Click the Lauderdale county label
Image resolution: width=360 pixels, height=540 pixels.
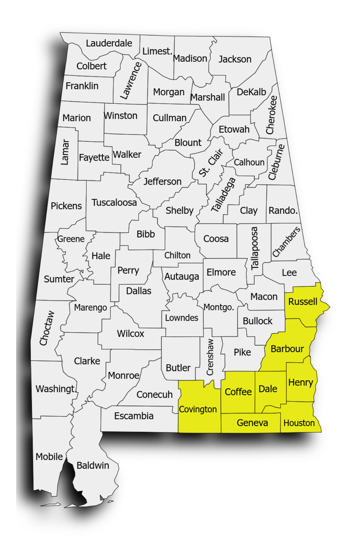(x=109, y=43)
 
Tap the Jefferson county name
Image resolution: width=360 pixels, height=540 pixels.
(x=162, y=181)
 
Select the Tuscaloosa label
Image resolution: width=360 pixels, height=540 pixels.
(x=114, y=202)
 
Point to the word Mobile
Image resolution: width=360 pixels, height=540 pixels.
(x=49, y=457)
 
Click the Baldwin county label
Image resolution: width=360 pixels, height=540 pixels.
(x=93, y=465)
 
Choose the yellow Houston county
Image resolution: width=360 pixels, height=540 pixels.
(x=299, y=423)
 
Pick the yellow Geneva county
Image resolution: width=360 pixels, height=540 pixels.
(x=252, y=423)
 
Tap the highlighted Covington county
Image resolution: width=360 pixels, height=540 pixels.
(x=198, y=409)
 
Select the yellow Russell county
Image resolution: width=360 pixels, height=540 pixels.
(x=303, y=301)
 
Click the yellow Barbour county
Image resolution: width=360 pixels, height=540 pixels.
(x=287, y=349)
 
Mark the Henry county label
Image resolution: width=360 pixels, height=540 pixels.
(x=301, y=382)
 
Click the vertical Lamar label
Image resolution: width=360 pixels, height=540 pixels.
(x=65, y=152)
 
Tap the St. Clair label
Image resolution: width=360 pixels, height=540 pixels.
(x=211, y=162)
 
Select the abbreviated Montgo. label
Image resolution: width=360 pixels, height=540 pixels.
(x=219, y=307)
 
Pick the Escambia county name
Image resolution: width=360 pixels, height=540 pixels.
(x=134, y=416)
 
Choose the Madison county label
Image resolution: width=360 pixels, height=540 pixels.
(x=190, y=58)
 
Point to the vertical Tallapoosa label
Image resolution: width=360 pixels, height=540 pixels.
(x=254, y=248)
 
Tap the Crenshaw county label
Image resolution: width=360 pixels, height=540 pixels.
(x=210, y=357)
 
